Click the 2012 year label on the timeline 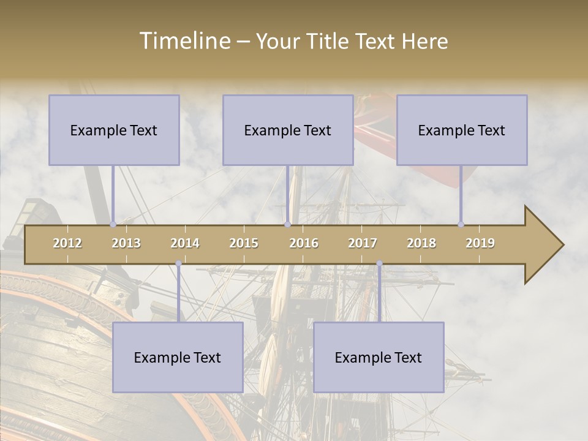(67, 243)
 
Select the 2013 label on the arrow (126, 243)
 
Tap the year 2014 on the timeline (185, 243)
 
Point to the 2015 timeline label (244, 243)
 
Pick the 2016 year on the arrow (304, 243)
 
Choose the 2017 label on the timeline (363, 243)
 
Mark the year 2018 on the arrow (421, 243)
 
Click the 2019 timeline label (480, 243)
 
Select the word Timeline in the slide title (184, 41)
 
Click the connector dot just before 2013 (113, 224)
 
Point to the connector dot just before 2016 (287, 224)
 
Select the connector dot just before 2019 (461, 224)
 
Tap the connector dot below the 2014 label (178, 263)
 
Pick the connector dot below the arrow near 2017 (379, 263)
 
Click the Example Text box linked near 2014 (178, 358)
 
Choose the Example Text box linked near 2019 (462, 130)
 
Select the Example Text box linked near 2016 (288, 130)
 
